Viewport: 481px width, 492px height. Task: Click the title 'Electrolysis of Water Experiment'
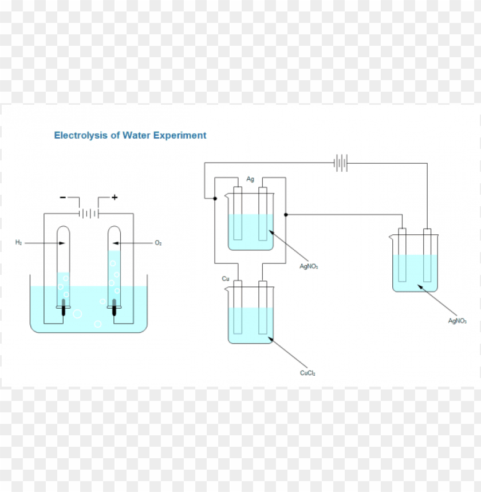[x=130, y=136]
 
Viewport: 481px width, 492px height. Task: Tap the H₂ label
[x=19, y=243]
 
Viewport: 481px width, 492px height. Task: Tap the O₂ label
[x=159, y=243]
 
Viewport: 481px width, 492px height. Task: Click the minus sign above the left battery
[x=62, y=198]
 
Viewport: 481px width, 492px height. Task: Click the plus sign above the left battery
[x=115, y=197]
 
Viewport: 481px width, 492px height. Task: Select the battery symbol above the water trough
[x=89, y=214]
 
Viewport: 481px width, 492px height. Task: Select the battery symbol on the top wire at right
[x=341, y=163]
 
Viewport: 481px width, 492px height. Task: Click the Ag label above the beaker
[x=250, y=179]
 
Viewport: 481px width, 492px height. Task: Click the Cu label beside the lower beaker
[x=226, y=279]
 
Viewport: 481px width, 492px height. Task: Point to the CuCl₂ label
[x=307, y=373]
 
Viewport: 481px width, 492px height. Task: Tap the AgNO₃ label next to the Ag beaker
[x=309, y=266]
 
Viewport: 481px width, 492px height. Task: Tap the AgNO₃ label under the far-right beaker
[x=457, y=321]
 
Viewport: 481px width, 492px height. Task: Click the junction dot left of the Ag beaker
[x=215, y=199]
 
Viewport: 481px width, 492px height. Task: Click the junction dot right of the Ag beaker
[x=286, y=215]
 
